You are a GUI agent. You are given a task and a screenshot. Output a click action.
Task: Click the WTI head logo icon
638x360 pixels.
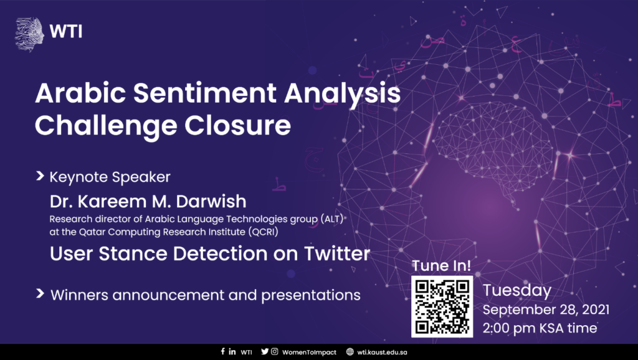pos(29,34)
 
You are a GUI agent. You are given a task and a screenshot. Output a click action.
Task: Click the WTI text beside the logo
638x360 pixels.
pos(66,31)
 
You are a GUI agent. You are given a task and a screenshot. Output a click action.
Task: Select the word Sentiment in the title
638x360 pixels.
pos(205,93)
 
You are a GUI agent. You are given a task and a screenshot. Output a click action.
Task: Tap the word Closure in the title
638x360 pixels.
pos(237,125)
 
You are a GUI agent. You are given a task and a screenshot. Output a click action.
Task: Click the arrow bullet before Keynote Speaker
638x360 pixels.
pos(40,176)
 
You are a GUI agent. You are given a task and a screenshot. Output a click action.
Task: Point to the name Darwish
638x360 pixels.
pos(211,201)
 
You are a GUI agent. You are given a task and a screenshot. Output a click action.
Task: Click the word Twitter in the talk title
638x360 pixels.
pos(337,253)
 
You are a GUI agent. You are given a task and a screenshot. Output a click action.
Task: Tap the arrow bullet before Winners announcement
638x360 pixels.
pos(40,293)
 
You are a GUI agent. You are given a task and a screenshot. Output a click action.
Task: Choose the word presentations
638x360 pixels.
pos(311,295)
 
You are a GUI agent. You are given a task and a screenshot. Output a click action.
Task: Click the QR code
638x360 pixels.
pos(442,306)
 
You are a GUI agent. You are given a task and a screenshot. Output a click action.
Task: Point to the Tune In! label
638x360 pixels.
pos(442,265)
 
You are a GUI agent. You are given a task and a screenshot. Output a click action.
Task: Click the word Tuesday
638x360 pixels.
pos(517,291)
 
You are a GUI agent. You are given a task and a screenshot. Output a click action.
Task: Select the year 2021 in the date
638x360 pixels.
pos(596,310)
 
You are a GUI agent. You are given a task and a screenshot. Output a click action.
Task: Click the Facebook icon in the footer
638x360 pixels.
pos(222,351)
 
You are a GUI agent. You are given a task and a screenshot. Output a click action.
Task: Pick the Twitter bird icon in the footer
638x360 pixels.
pos(265,351)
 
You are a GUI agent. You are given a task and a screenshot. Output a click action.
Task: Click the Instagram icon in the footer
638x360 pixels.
pos(275,351)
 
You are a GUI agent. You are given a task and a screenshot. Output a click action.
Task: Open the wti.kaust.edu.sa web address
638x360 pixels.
pos(382,353)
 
